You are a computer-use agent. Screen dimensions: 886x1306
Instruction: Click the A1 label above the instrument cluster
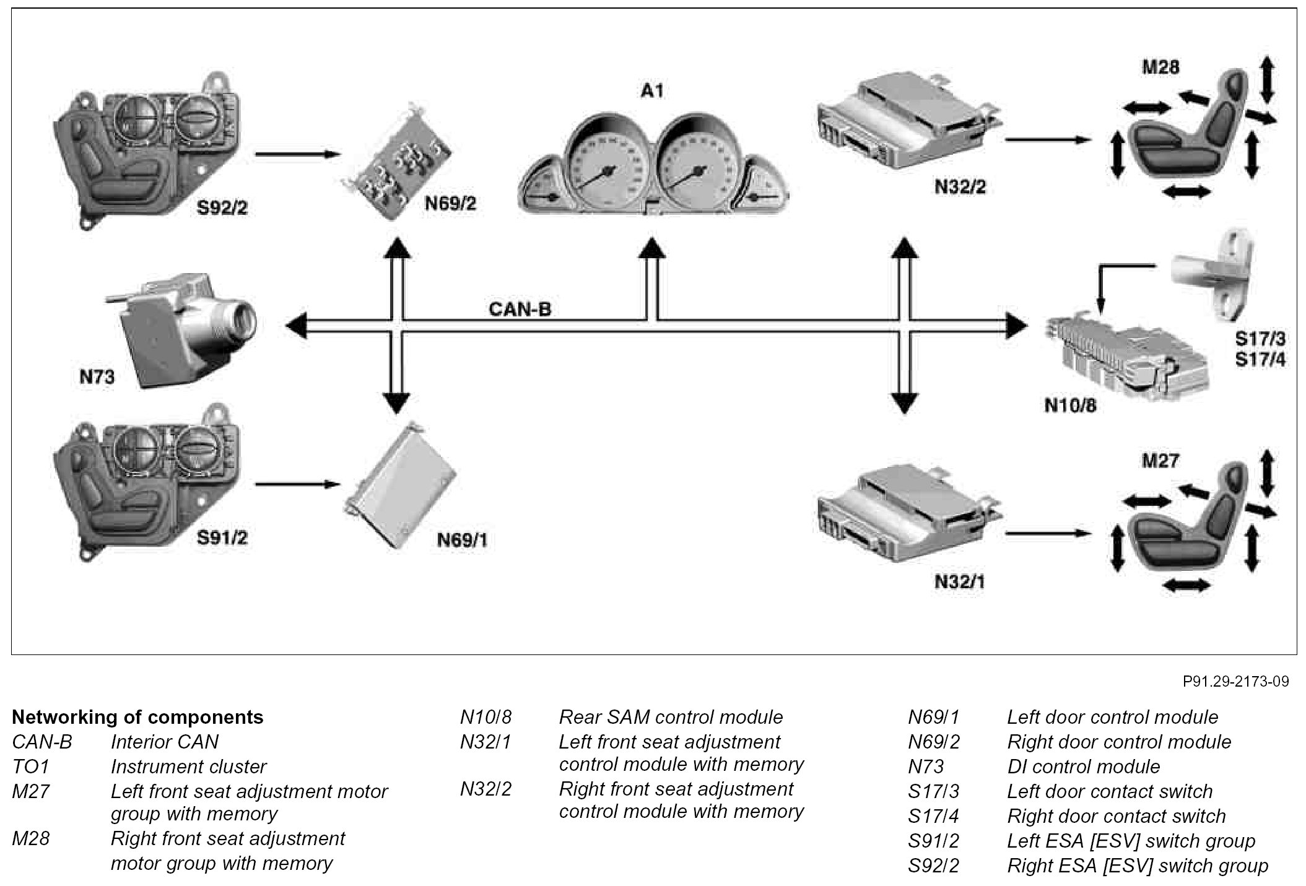[x=651, y=91]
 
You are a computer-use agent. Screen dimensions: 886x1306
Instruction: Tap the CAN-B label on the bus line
[x=520, y=309]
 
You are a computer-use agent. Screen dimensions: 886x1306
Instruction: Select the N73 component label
[x=97, y=376]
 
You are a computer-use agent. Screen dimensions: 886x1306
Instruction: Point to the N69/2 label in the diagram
[x=450, y=204]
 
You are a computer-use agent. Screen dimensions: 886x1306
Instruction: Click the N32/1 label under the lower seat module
[x=959, y=581]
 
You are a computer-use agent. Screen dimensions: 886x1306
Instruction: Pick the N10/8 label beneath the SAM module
[x=1070, y=405]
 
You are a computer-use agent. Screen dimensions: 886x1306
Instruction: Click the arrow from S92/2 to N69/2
[x=298, y=154]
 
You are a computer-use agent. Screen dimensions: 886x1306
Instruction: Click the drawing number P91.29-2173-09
[x=1235, y=682]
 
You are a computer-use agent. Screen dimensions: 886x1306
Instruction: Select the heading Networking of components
[x=137, y=717]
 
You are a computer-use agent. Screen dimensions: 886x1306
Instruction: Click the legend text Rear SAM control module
[x=671, y=717]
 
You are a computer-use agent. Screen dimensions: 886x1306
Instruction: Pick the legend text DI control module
[x=1083, y=767]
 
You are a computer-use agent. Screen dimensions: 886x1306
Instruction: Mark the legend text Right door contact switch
[x=1116, y=816]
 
